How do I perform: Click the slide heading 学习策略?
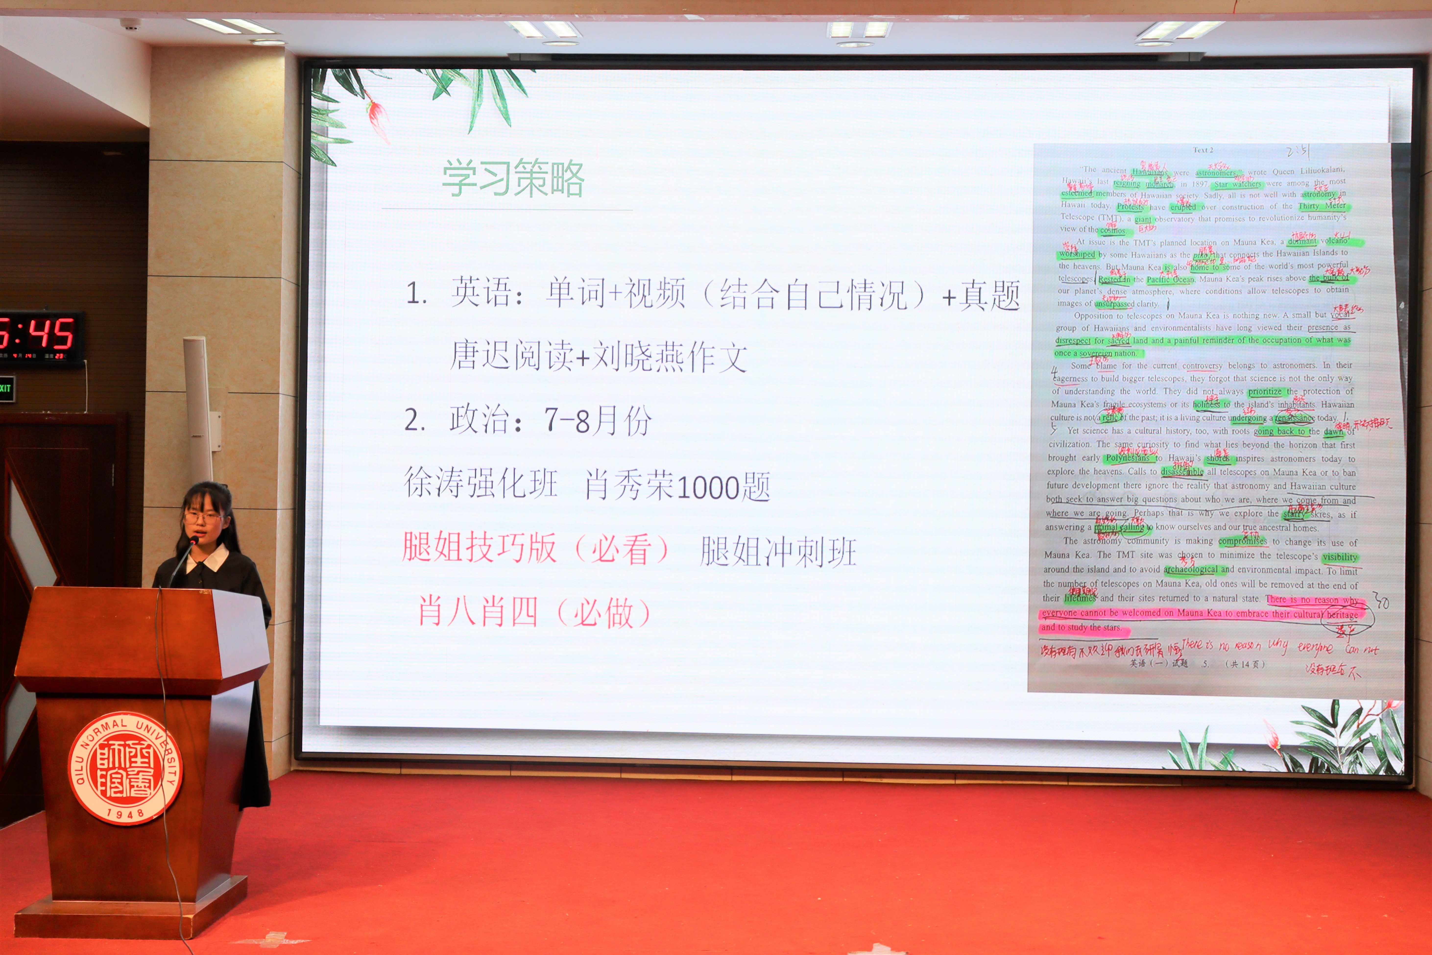coord(513,179)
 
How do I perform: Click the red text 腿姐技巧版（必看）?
coord(536,548)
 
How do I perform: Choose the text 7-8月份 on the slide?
coord(597,420)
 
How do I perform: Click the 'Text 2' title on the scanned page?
coord(1203,150)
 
